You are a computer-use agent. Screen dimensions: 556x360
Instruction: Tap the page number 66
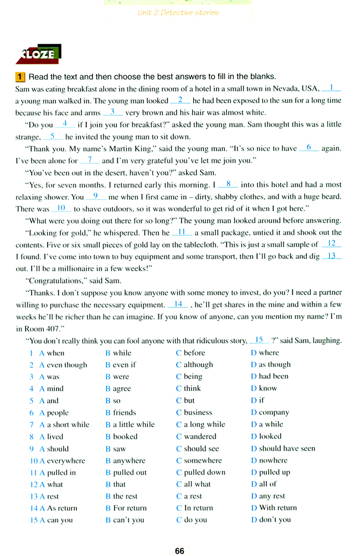(179, 550)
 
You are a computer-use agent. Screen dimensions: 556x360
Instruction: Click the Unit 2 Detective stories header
(178, 12)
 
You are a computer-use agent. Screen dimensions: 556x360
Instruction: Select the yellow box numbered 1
(20, 76)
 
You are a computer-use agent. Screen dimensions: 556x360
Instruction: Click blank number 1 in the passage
(331, 87)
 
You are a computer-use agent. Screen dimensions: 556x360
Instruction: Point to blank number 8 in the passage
(228, 184)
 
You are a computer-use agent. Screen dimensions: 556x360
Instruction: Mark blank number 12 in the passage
(332, 244)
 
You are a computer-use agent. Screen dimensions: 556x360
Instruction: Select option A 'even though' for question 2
(63, 364)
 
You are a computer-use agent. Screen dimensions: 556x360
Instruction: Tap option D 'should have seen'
(282, 449)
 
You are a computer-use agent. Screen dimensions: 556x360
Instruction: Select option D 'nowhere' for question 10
(269, 460)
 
